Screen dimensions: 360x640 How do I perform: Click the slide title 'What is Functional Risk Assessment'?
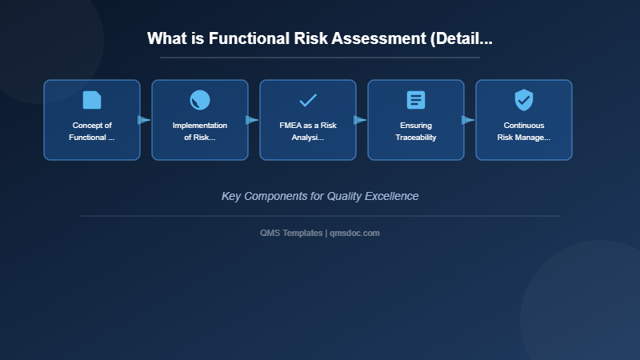coord(319,38)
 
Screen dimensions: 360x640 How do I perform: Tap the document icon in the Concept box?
coord(92,100)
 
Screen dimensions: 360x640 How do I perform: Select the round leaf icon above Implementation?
coord(200,100)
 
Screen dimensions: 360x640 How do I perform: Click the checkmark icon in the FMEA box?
coord(308,100)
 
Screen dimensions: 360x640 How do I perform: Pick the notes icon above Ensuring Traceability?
coord(416,100)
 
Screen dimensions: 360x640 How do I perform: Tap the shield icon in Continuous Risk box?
coord(524,100)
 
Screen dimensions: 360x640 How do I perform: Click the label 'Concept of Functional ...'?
coord(92,131)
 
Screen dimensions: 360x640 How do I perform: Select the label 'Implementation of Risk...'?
coord(200,131)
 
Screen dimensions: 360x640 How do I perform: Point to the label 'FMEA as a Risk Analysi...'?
coord(308,131)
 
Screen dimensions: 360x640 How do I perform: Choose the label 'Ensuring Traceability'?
coord(416,131)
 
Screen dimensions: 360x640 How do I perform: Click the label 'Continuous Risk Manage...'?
coord(524,131)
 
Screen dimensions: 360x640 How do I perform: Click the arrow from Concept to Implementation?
coord(144,120)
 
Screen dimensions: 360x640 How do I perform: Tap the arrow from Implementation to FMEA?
coord(252,120)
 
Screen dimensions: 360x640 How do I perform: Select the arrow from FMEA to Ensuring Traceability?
coord(360,120)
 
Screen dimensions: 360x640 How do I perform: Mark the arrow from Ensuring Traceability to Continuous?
coord(468,120)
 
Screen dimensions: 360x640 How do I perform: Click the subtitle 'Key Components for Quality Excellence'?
coord(320,196)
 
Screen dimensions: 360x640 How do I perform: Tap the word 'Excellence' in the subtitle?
coord(391,196)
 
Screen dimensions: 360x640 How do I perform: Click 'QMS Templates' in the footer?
coord(291,233)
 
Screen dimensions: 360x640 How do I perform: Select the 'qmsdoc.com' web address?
coord(354,233)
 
